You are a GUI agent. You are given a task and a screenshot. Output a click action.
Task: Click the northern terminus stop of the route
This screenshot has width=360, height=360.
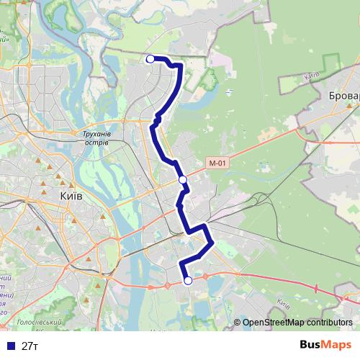pyautogui.click(x=150, y=59)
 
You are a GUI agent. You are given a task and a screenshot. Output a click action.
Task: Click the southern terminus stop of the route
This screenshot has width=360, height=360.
pyautogui.click(x=188, y=281)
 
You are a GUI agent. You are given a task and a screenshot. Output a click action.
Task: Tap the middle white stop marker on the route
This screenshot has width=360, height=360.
pyautogui.click(x=182, y=179)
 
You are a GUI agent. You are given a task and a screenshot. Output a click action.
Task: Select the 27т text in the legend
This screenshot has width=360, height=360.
pyautogui.click(x=30, y=346)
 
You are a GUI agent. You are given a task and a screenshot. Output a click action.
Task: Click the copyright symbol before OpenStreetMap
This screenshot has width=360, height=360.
pyautogui.click(x=237, y=323)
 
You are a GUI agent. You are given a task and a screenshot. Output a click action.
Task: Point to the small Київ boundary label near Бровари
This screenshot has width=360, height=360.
pyautogui.click(x=312, y=74)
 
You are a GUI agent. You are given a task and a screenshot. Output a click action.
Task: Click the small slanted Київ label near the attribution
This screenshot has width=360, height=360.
pyautogui.click(x=282, y=303)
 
